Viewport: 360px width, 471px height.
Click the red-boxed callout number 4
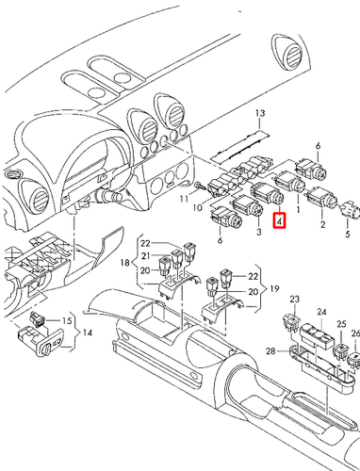278,222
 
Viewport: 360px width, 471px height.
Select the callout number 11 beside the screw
186,200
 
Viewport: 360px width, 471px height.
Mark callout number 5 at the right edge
347,232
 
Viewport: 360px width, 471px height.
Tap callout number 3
258,229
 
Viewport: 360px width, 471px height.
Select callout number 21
146,256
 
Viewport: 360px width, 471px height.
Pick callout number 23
294,300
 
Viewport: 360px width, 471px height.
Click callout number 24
321,311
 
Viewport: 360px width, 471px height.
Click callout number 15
66,322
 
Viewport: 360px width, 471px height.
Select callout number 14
87,333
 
